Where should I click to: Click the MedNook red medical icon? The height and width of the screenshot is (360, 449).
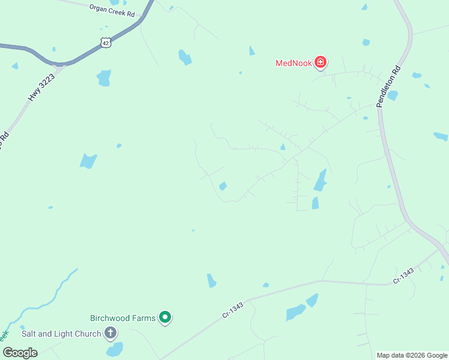[321, 62]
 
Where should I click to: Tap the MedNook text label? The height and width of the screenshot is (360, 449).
[294, 63]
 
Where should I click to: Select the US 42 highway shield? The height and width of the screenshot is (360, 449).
[106, 42]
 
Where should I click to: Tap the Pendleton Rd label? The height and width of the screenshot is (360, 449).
[388, 87]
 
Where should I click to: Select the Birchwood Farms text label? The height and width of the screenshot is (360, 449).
[123, 318]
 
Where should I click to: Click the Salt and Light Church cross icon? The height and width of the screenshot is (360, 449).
[110, 333]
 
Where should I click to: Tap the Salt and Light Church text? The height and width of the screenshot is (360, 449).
[61, 334]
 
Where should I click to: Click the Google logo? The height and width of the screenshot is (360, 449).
[20, 352]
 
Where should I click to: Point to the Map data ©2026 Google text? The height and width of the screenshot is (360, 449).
[412, 355]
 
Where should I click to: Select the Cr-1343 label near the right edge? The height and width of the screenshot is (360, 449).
[403, 277]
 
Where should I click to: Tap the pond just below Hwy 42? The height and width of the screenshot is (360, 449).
[104, 77]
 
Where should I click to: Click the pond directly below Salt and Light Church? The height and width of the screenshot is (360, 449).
[114, 349]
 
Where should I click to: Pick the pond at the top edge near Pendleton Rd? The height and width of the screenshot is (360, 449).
[364, 7]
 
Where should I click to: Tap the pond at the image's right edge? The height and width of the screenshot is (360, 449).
[441, 136]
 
